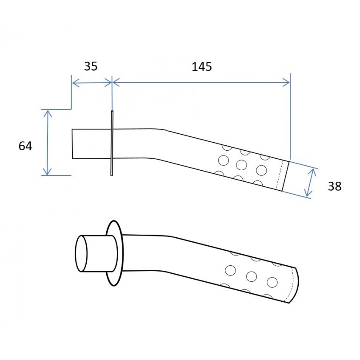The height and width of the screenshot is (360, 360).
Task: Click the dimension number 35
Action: (91, 66)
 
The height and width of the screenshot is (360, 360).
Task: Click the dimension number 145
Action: (202, 67)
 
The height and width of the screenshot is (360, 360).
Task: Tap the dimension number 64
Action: (25, 146)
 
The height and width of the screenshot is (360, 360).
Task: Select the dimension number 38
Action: (335, 186)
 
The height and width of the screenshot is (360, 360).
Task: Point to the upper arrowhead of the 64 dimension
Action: (48, 113)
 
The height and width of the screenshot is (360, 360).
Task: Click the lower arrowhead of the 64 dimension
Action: (47, 172)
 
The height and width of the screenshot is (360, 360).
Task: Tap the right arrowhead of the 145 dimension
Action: (286, 82)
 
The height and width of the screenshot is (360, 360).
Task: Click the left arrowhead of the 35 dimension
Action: (76, 83)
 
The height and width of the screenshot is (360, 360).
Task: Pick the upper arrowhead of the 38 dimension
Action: (312, 172)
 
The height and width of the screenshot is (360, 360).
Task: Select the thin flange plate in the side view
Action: (112, 143)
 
